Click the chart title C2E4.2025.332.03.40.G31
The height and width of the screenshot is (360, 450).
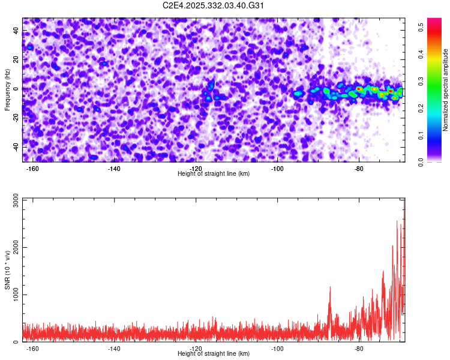pos(214,5)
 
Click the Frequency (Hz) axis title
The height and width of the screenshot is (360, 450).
pos(7,90)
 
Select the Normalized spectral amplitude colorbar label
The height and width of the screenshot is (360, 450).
pos(446,90)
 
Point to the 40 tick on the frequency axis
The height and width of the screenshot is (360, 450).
pos(16,31)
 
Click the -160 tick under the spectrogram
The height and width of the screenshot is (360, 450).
pos(32,168)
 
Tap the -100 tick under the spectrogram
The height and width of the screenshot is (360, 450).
pos(277,168)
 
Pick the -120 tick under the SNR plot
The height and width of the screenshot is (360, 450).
pos(196,348)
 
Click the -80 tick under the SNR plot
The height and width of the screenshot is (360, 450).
pos(359,348)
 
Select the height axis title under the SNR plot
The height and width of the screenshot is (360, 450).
pos(214,354)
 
